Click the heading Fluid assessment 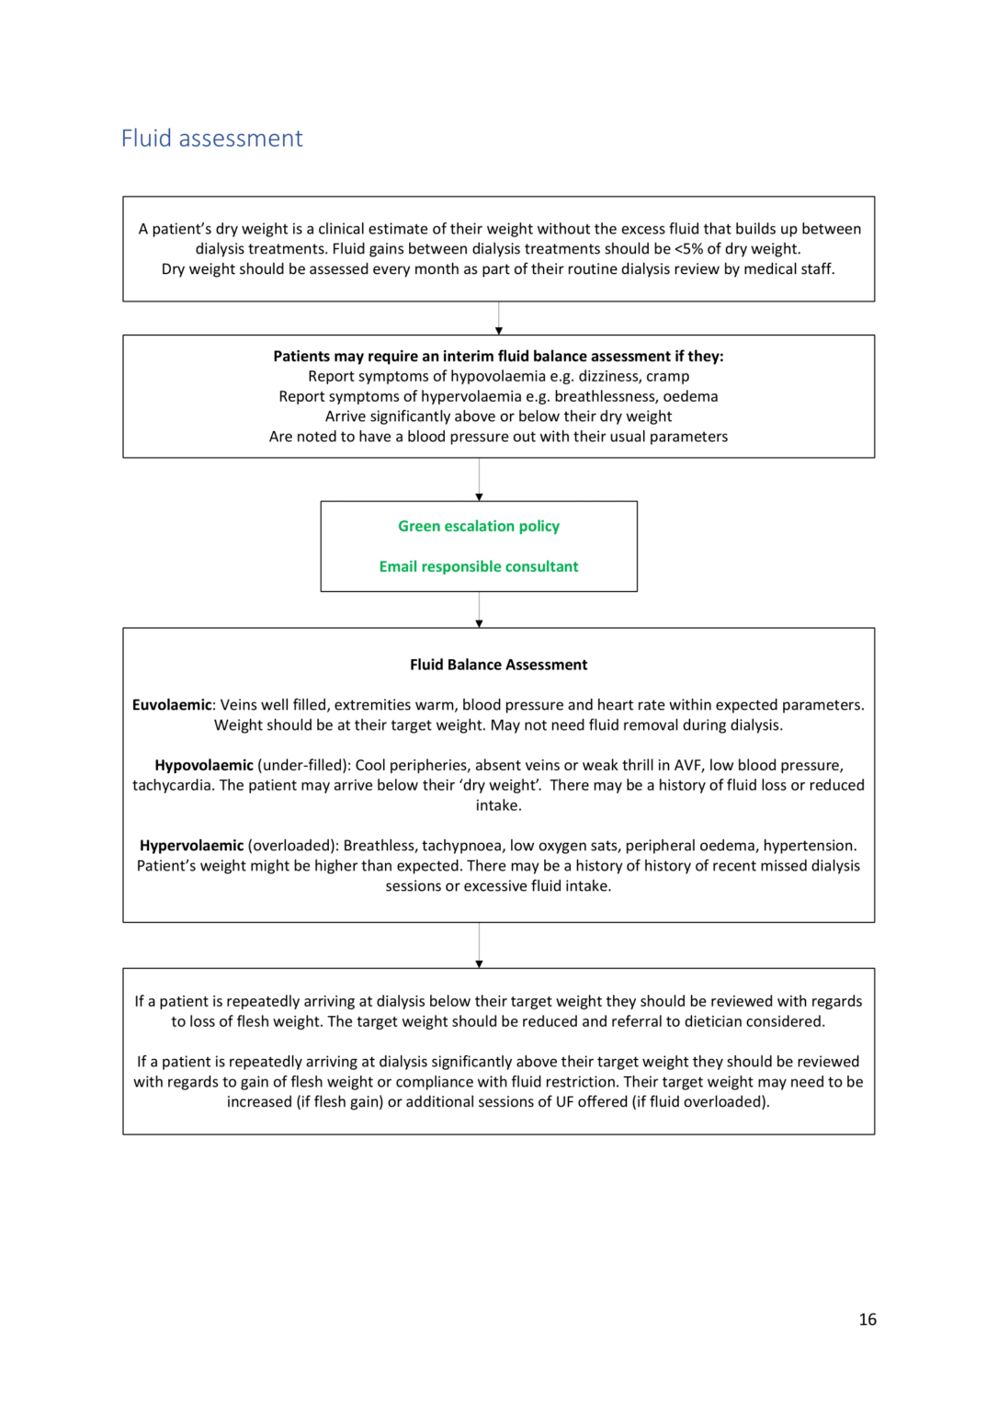pos(211,138)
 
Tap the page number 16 pos(867,1319)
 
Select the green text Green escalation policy pos(478,526)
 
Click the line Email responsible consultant pos(478,566)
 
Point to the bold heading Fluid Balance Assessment pos(498,665)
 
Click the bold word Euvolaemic pos(172,705)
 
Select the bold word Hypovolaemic pos(204,765)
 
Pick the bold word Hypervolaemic pos(191,846)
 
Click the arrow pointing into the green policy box pos(479,496)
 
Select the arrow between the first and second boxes pos(499,330)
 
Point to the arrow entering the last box pos(479,963)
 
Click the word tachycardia pos(173,785)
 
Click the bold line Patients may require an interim pos(498,356)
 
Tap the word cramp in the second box pos(667,376)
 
